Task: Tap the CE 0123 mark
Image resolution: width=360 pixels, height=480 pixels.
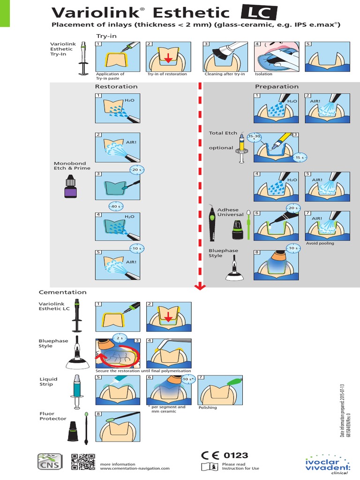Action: [x=225, y=455]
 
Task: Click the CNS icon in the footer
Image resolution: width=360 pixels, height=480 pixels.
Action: [x=50, y=462]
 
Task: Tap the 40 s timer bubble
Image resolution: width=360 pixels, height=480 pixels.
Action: [x=115, y=206]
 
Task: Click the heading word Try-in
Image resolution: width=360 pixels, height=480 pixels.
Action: [x=106, y=36]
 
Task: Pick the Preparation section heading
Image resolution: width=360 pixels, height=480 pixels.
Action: [x=277, y=86]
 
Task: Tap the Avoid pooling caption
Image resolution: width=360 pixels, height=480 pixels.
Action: [x=320, y=243]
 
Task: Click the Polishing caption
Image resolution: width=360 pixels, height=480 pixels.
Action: [x=208, y=407]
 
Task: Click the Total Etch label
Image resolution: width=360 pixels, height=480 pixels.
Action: [x=223, y=133]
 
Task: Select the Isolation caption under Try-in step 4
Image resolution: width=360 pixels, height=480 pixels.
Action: [x=263, y=74]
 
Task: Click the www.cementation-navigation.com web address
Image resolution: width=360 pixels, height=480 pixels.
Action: [x=135, y=468]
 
